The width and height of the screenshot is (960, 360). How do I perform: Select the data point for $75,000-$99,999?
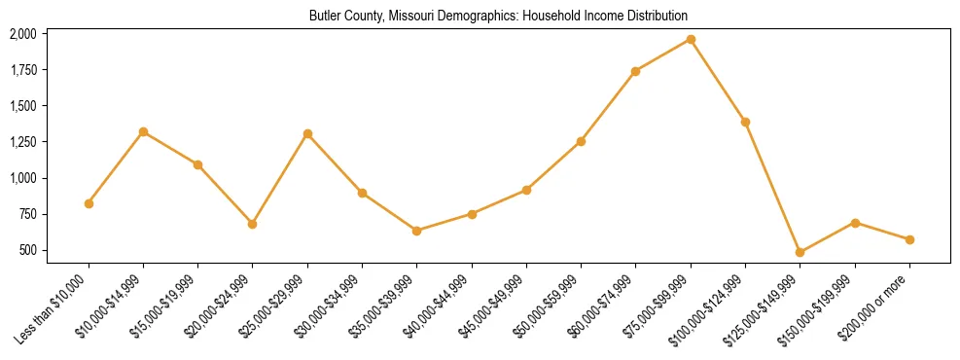click(x=691, y=39)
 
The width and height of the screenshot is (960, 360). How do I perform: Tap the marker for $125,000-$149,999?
click(x=800, y=252)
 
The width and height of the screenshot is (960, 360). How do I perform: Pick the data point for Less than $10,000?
click(x=89, y=203)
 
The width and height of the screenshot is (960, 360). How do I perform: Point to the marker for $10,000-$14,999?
click(x=143, y=131)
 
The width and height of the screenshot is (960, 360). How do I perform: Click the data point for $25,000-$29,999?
click(x=307, y=133)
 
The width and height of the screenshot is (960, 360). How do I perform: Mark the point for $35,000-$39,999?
click(x=416, y=231)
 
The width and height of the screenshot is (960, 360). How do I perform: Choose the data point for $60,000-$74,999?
click(x=635, y=71)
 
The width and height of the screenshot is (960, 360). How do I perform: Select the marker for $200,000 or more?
click(x=909, y=239)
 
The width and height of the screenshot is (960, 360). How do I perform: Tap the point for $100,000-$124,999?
click(x=745, y=122)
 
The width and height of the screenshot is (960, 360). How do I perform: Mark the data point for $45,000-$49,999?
click(x=526, y=190)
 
